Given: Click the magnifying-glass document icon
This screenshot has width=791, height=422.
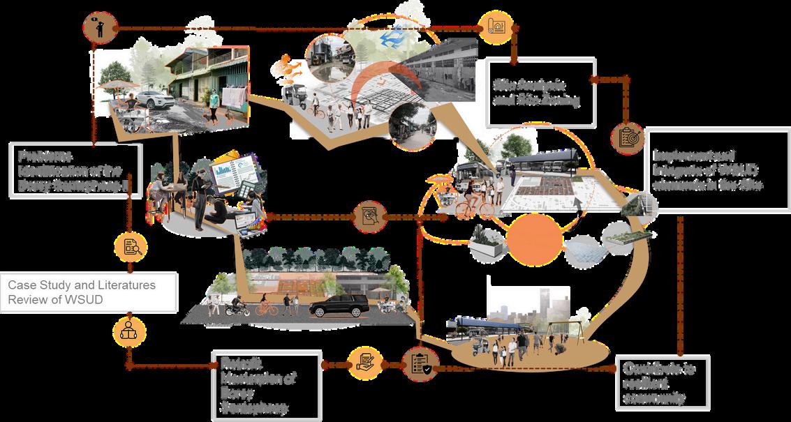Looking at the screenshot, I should tap(130, 246).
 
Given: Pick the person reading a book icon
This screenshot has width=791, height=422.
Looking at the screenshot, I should tap(128, 329).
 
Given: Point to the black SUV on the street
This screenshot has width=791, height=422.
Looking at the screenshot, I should tap(339, 305).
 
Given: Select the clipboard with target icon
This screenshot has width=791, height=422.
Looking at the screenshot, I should tap(626, 137).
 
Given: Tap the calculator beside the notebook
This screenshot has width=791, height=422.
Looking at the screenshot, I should tap(246, 189).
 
